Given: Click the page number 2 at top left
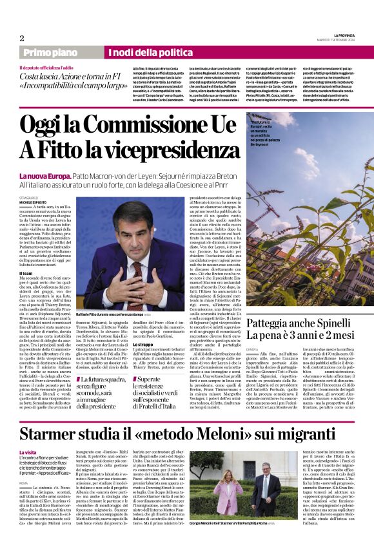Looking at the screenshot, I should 21,38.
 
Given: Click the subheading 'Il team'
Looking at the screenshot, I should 26,274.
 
